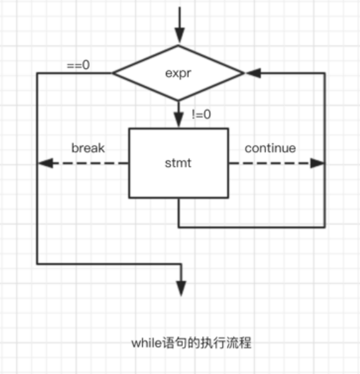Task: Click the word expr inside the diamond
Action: (x=178, y=73)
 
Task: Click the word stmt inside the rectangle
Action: (x=178, y=163)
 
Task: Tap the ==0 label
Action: (x=78, y=65)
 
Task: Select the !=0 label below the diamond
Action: (x=201, y=114)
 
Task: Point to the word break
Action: (x=88, y=148)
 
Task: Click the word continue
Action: (x=270, y=148)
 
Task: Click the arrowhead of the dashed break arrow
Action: (x=45, y=163)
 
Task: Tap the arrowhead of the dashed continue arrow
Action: (x=317, y=163)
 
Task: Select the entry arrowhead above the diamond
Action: (x=180, y=35)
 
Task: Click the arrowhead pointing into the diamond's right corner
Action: (x=253, y=73)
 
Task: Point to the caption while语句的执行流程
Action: (x=192, y=343)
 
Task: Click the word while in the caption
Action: (x=147, y=343)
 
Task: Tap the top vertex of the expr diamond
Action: (x=178, y=45)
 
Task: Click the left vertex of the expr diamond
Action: (x=113, y=73)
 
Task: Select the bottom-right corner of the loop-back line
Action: (x=325, y=227)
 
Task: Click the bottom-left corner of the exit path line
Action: (x=37, y=264)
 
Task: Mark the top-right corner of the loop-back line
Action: (x=325, y=73)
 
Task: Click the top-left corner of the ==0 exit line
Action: (x=37, y=73)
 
